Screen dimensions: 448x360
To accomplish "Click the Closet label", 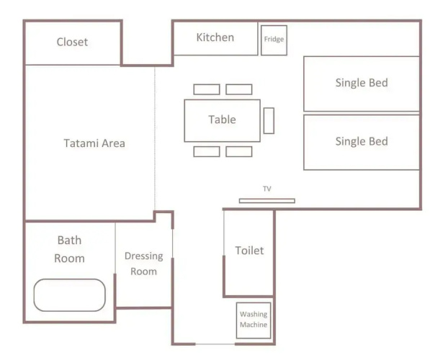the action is point(72,42).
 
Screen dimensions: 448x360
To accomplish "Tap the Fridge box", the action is point(274,40).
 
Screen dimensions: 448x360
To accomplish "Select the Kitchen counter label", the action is point(215,37).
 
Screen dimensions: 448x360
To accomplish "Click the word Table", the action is point(223,120).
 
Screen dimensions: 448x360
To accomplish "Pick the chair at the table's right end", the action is point(269,120).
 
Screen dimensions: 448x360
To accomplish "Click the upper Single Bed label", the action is point(362,83).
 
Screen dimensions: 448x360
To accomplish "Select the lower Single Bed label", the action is point(362,141).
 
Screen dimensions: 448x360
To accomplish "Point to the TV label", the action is point(267,189).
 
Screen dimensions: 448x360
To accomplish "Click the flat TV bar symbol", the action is point(267,201).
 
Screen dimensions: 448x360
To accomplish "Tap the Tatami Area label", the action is point(94,143).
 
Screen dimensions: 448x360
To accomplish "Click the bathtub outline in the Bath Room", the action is point(69,279).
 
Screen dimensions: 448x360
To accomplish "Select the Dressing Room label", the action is point(144,264).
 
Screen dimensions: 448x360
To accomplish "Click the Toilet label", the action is point(249,251).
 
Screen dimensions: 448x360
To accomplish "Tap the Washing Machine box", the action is point(254,320).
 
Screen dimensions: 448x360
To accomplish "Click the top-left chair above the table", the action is point(207,89).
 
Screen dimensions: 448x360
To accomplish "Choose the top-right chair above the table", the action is point(239,89).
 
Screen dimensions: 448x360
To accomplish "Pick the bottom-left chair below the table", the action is point(207,152).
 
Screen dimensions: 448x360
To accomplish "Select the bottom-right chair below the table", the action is point(239,152).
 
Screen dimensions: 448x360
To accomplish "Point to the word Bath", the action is point(69,240).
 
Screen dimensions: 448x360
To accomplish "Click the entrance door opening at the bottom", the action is point(215,344).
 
